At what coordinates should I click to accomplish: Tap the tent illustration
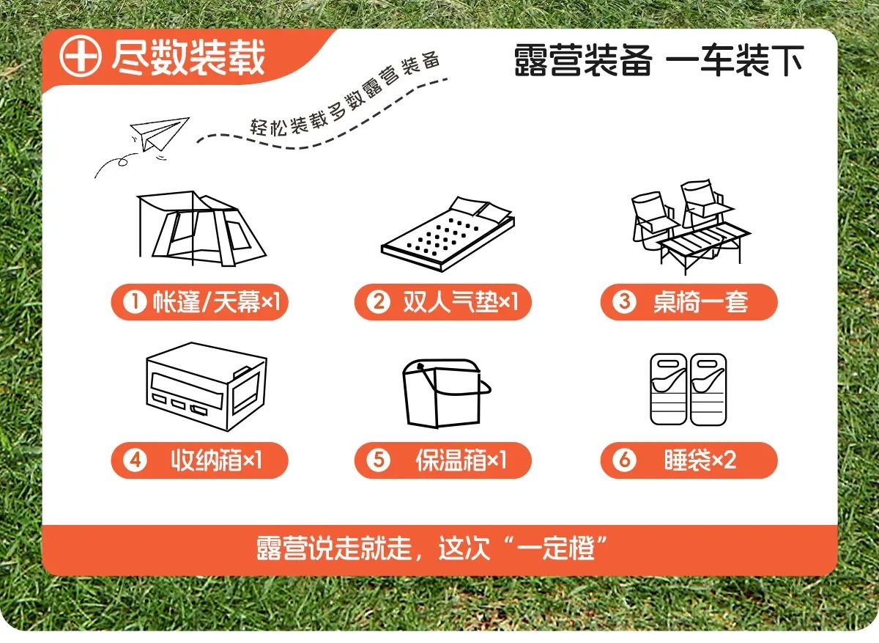(201, 229)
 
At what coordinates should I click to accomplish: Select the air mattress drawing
(448, 234)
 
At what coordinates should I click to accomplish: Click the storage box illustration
(207, 386)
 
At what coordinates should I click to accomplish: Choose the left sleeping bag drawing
(668, 389)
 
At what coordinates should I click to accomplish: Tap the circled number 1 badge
(135, 302)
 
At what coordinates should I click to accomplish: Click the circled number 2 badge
(378, 302)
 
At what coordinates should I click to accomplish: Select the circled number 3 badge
(624, 302)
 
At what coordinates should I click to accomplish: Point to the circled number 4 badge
(135, 460)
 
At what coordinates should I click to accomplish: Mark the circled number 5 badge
(378, 460)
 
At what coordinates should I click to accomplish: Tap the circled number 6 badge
(624, 460)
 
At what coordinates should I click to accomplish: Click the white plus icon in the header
(81, 56)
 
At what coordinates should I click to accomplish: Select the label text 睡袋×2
(700, 460)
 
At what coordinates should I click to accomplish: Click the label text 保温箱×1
(461, 460)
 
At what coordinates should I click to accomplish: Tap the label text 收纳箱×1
(216, 460)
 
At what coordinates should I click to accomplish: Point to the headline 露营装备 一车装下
(659, 60)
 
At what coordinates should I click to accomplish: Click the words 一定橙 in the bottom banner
(556, 548)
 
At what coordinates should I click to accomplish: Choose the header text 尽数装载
(188, 57)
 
